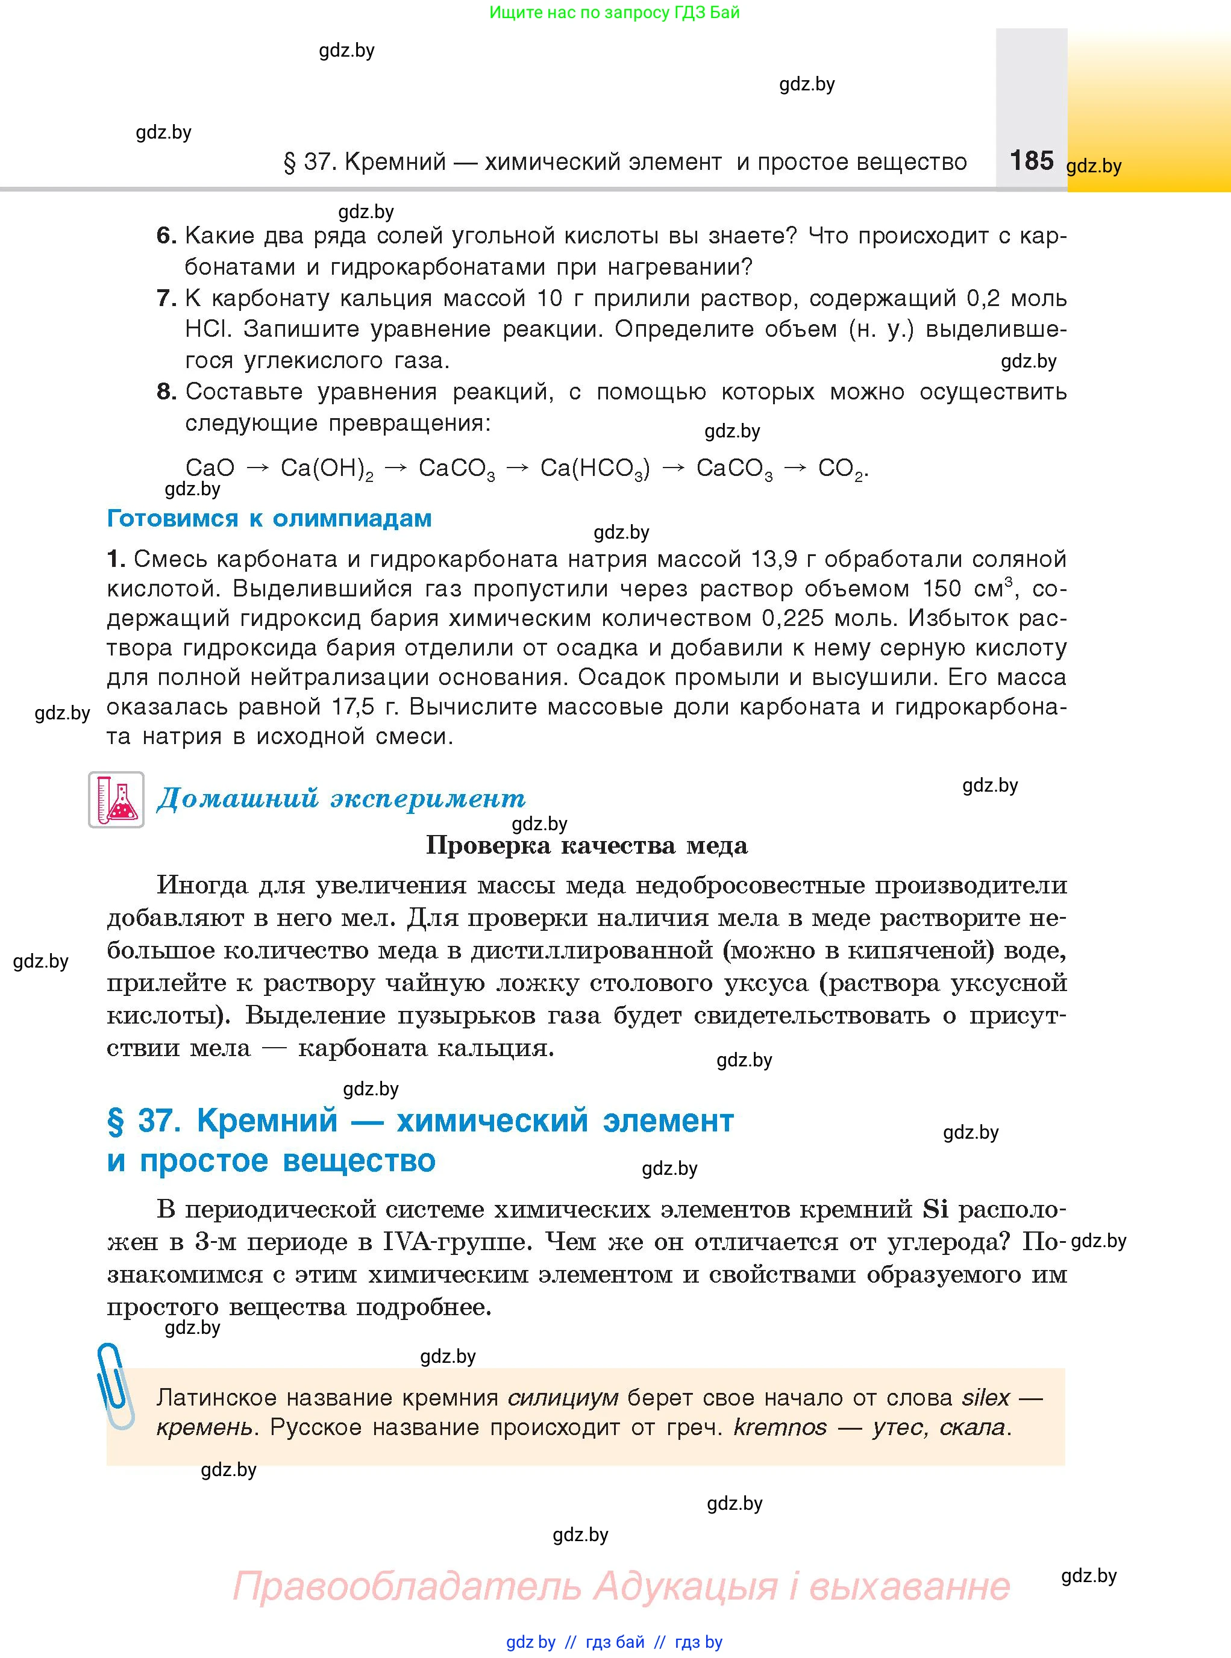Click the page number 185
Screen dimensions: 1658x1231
pyautogui.click(x=1032, y=160)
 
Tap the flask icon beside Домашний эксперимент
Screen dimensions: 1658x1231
pyautogui.click(x=116, y=799)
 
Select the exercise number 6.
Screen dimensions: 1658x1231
pyautogui.click(x=166, y=236)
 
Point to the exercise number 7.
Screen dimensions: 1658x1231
pyautogui.click(x=166, y=298)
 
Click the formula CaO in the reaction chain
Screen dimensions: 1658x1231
pyautogui.click(x=210, y=468)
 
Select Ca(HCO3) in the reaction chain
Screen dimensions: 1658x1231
pyautogui.click(x=595, y=469)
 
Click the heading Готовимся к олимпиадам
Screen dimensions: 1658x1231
pyautogui.click(x=269, y=518)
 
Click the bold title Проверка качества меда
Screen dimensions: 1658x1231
pyautogui.click(x=586, y=845)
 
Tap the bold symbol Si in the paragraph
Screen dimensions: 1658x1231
pyautogui.click(x=935, y=1209)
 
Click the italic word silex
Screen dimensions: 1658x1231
pyautogui.click(x=985, y=1397)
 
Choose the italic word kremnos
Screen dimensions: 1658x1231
pyautogui.click(x=780, y=1427)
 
